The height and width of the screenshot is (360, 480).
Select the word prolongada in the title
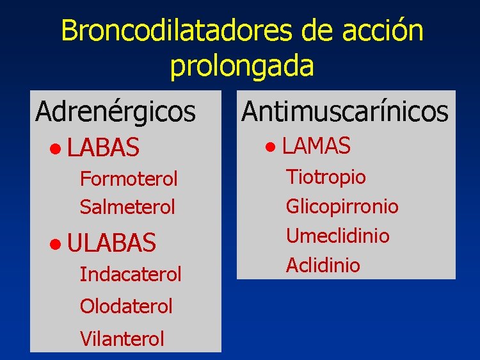pyautogui.click(x=242, y=66)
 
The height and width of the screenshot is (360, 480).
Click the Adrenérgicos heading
pyautogui.click(x=115, y=111)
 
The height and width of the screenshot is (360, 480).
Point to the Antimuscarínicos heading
pyautogui.click(x=345, y=111)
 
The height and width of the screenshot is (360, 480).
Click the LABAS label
pyautogui.click(x=103, y=149)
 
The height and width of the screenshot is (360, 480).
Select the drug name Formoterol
pyautogui.click(x=129, y=179)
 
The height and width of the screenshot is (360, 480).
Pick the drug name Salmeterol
pyautogui.click(x=127, y=207)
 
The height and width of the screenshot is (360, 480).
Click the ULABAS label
pyautogui.click(x=111, y=243)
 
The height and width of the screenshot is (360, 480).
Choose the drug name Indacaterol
pyautogui.click(x=131, y=274)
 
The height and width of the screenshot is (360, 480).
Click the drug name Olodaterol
pyautogui.click(x=126, y=306)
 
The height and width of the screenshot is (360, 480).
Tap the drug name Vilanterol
pyautogui.click(x=122, y=338)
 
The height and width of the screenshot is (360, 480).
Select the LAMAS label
pyautogui.click(x=316, y=146)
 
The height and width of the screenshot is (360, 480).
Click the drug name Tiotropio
pyautogui.click(x=326, y=176)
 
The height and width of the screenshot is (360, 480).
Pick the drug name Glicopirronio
pyautogui.click(x=342, y=206)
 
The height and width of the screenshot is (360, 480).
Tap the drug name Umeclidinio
pyautogui.click(x=337, y=236)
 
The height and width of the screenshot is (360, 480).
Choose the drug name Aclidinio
pyautogui.click(x=323, y=265)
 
